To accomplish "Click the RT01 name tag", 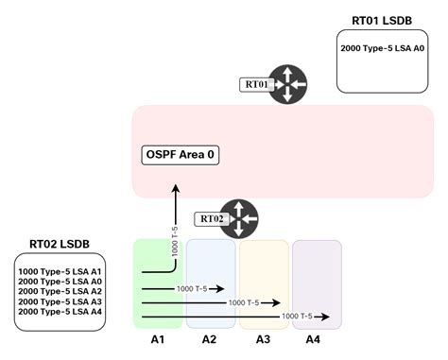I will [256, 84].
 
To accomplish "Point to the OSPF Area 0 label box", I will [181, 154].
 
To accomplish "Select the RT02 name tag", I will [211, 218].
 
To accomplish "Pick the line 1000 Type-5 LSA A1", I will [59, 272].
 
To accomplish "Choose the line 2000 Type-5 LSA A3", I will [59, 301].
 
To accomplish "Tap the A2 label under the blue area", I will [210, 338].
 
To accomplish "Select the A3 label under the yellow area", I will [264, 338].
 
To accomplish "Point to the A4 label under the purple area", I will [317, 338].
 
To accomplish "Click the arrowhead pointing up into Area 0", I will [176, 190].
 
